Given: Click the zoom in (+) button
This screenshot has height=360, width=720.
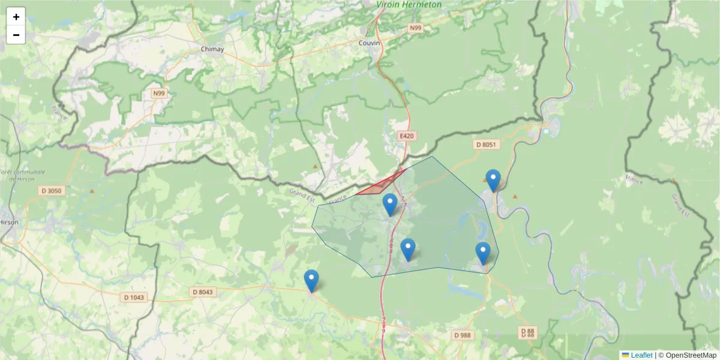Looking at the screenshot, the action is pyautogui.click(x=16, y=17).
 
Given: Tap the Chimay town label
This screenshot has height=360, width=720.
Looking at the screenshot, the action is pyautogui.click(x=212, y=49).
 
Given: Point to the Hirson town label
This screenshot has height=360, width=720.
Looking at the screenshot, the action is pyautogui.click(x=10, y=221).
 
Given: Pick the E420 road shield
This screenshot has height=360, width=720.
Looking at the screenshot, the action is pyautogui.click(x=407, y=136).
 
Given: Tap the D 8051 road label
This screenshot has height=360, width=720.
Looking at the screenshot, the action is pyautogui.click(x=487, y=145).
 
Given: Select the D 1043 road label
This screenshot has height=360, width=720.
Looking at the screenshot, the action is pyautogui.click(x=134, y=297).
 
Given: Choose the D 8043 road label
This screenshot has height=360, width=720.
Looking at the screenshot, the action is pyautogui.click(x=203, y=292).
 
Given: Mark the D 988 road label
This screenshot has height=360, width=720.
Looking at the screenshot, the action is pyautogui.click(x=462, y=335).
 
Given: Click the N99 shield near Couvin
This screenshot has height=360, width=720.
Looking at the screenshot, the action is pyautogui.click(x=416, y=28).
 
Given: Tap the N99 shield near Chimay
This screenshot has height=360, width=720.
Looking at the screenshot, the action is pyautogui.click(x=158, y=94).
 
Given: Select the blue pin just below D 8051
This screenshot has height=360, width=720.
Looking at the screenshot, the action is pyautogui.click(x=493, y=180).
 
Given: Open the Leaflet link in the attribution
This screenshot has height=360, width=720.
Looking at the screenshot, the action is pyautogui.click(x=641, y=355).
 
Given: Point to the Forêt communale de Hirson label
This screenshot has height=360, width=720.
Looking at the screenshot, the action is pyautogui.click(x=23, y=175).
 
